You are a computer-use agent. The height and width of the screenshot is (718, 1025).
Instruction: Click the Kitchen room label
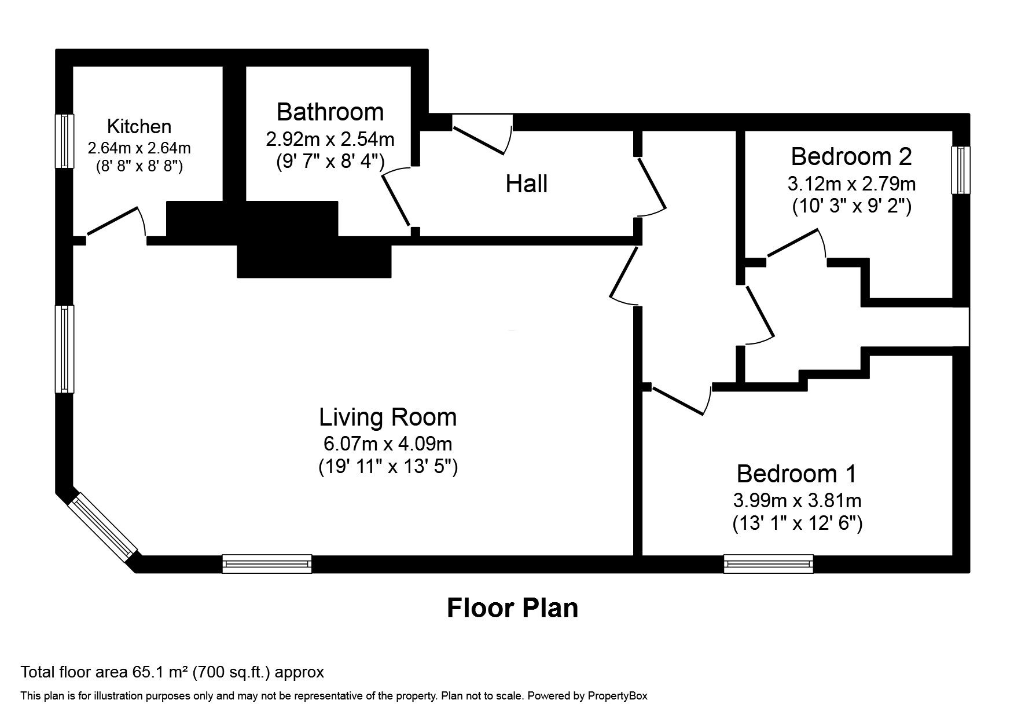[139, 126]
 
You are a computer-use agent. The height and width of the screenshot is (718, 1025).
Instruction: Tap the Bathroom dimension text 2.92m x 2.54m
[330, 139]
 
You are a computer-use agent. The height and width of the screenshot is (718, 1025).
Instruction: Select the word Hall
[526, 184]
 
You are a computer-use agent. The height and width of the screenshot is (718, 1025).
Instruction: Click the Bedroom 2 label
[851, 156]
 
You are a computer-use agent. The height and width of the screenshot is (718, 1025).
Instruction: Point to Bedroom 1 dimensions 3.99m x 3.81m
[797, 500]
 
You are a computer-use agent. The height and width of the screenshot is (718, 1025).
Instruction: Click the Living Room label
[388, 417]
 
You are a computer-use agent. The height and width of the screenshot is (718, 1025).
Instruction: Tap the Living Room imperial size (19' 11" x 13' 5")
[388, 466]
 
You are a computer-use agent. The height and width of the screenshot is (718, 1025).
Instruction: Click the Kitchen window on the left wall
[65, 141]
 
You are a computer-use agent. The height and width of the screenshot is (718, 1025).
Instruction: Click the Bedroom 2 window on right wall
[961, 170]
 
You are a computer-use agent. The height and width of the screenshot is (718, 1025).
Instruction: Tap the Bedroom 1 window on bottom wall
[768, 563]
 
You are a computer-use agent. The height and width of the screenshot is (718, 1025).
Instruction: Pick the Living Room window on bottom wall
[267, 563]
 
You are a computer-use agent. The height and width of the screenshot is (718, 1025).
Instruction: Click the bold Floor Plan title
[512, 609]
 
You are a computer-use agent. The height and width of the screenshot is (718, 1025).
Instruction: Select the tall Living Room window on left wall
[65, 349]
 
